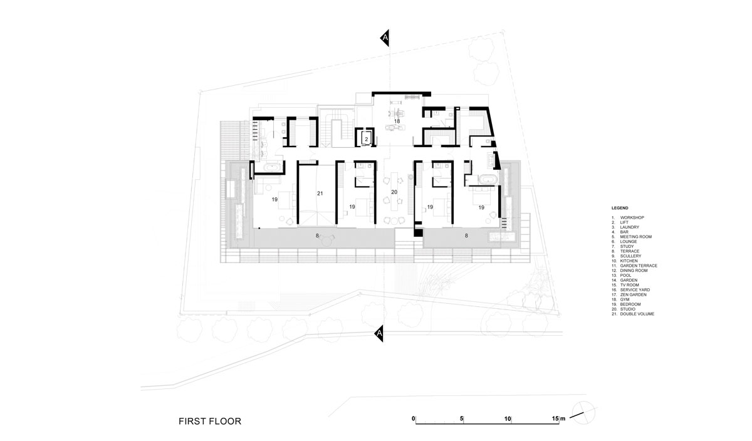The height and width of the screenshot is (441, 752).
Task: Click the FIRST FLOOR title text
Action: click(210, 421)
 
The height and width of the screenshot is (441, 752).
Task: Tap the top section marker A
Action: click(385, 38)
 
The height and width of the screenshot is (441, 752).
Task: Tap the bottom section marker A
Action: click(379, 333)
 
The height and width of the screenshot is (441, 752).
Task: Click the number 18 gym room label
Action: click(397, 121)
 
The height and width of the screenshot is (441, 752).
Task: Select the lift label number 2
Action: click(367, 139)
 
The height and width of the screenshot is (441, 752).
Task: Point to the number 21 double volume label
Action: click(320, 194)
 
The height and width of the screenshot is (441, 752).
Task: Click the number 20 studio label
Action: click(394, 192)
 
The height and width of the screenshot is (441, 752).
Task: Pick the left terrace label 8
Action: click(317, 236)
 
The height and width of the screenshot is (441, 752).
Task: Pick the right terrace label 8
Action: click(466, 236)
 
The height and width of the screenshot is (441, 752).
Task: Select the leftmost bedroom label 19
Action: click(274, 199)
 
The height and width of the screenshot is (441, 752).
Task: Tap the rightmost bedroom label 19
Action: click(481, 207)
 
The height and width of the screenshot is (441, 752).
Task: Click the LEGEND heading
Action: click(620, 208)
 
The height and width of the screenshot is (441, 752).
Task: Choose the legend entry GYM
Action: click(625, 299)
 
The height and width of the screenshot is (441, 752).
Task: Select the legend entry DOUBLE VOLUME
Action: click(637, 314)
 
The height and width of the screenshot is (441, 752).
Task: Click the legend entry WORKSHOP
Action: click(632, 217)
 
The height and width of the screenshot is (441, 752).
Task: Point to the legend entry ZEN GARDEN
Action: click(633, 294)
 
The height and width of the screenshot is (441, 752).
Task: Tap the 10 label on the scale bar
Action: click(508, 418)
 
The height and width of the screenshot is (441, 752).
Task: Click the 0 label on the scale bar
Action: click(413, 418)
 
